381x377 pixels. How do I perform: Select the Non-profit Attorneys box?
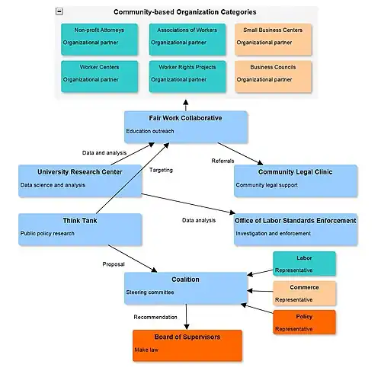pos(100,37)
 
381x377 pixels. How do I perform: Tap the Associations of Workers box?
pos(187,37)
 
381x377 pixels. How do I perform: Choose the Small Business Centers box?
pos(272,37)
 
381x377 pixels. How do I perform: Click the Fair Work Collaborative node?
pos(186,126)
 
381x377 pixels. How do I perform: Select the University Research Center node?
pos(80,179)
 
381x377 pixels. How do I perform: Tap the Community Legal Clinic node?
pos(295,179)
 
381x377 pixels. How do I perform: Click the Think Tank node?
pos(80,228)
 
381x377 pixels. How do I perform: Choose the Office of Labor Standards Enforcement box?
pos(295,228)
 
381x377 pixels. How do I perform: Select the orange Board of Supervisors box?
pos(187,344)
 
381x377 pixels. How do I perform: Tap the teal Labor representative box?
pos(304,263)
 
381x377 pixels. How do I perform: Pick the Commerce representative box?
pos(304,292)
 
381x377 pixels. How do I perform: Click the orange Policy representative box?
pos(304,321)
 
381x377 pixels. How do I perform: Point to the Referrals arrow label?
pos(223,161)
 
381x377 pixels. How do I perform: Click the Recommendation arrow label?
pos(155,317)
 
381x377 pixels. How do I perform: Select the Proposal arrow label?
pos(114,264)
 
